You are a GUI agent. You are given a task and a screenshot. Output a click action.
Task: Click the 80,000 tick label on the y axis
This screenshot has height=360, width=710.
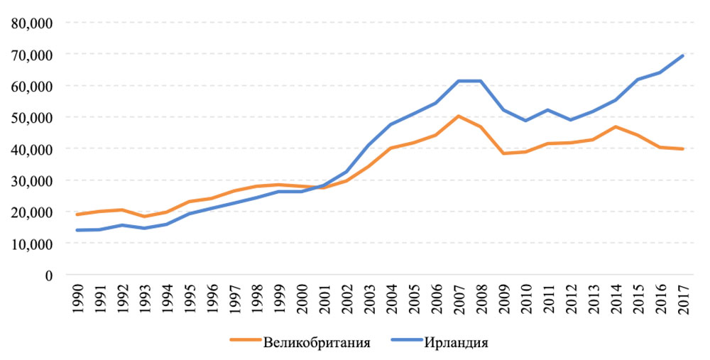[32, 23]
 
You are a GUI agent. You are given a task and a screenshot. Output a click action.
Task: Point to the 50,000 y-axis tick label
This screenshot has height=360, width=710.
[32, 117]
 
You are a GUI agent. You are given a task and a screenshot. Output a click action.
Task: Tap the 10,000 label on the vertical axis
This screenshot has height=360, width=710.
[32, 244]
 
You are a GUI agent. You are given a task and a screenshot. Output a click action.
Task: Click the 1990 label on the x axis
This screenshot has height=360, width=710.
[77, 296]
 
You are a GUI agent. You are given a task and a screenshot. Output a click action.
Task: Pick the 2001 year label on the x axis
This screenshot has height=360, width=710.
[324, 296]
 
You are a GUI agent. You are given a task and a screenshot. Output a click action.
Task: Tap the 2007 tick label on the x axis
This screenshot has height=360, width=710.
[460, 296]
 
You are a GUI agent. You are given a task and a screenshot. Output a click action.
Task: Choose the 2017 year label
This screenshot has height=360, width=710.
[684, 296]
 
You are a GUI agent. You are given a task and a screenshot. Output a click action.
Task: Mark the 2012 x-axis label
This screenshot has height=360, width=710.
[572, 296]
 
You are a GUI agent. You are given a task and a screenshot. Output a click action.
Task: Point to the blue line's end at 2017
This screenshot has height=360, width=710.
[683, 55]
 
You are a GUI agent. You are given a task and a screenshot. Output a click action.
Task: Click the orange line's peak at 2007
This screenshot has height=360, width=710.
[459, 116]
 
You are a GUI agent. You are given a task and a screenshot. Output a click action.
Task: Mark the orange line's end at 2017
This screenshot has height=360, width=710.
[683, 149]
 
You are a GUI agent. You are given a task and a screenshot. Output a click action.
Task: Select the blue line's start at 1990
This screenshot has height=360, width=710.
[77, 230]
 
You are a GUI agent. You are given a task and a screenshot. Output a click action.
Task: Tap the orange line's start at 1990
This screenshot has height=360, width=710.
[77, 214]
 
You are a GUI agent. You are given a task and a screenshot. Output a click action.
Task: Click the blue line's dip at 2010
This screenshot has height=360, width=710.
[526, 121]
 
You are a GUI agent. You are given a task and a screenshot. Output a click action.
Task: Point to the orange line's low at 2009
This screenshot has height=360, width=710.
[504, 153]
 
